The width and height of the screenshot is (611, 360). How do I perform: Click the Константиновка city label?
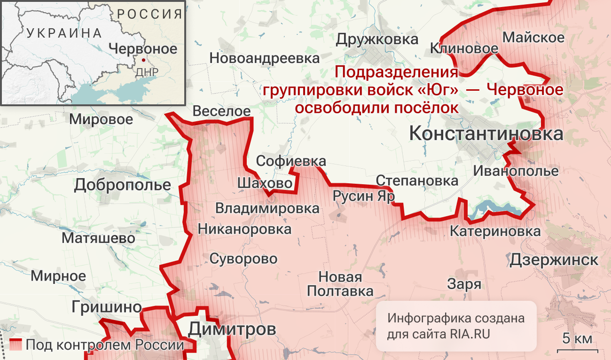click(x=486, y=134)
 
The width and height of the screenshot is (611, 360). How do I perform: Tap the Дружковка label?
click(x=377, y=39)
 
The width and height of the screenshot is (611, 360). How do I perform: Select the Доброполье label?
click(x=122, y=185)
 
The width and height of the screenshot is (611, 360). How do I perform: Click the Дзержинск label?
click(x=554, y=259)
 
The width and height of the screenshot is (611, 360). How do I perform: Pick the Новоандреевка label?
click(x=265, y=59)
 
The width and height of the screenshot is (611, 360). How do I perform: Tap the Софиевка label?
click(x=290, y=161)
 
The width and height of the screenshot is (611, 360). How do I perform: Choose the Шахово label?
click(x=265, y=183)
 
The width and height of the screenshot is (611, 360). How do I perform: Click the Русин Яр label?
click(x=363, y=196)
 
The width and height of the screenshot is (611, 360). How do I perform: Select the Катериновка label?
click(x=495, y=231)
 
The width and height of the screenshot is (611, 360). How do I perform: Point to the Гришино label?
click(x=107, y=307)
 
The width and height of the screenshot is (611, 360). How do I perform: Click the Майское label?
click(x=533, y=38)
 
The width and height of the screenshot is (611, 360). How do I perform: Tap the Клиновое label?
click(x=464, y=48)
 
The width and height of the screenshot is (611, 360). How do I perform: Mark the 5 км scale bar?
click(x=577, y=350)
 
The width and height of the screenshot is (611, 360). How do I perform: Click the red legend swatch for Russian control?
click(x=16, y=345)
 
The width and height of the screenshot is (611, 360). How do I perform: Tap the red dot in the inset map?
click(x=143, y=60)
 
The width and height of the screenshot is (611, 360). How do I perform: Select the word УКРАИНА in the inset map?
click(x=64, y=33)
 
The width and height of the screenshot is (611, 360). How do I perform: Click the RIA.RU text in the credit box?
click(x=470, y=335)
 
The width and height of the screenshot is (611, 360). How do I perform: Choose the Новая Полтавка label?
click(x=340, y=284)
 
